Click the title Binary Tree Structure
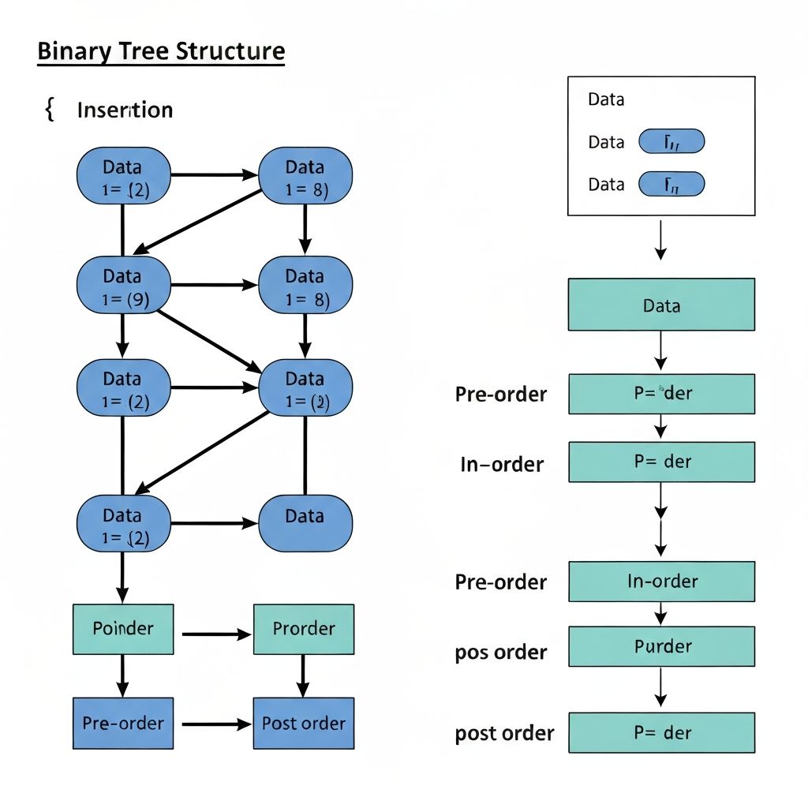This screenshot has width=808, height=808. [161, 52]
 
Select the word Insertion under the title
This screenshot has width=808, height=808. [125, 110]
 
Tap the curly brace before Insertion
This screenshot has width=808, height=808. [50, 110]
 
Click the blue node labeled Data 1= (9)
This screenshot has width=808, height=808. [123, 286]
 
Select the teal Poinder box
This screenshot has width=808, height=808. [123, 629]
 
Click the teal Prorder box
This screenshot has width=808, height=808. [304, 629]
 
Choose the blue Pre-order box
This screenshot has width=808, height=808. [123, 723]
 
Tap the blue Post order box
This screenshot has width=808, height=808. [304, 723]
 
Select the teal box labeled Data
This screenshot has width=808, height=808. [661, 305]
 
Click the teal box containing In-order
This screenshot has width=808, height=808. [661, 582]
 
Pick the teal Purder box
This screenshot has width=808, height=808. [661, 647]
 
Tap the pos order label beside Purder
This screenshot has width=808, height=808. [501, 653]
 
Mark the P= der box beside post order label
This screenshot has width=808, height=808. [661, 733]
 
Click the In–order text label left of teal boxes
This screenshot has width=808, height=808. [502, 465]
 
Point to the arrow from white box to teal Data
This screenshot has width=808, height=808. [661, 240]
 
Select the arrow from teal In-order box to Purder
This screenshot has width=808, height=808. [661, 614]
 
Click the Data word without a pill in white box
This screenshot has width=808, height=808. [606, 99]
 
